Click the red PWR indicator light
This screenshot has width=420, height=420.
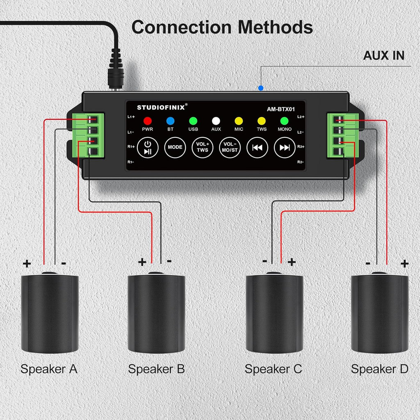[147, 121]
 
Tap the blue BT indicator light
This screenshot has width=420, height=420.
[170, 121]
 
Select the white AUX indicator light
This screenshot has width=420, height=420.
[216, 121]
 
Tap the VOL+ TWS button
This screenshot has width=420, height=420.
[202, 147]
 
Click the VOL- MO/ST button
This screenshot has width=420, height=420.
[230, 147]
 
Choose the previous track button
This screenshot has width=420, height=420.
[257, 147]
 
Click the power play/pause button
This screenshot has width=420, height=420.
[147, 147]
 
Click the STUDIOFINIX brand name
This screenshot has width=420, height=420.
[160, 107]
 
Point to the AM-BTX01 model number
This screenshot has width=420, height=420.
[281, 109]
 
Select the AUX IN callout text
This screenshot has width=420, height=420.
[383, 55]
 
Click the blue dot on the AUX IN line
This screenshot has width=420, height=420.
[260, 88]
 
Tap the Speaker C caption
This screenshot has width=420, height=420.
[273, 369]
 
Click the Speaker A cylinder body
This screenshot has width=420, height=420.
[49, 314]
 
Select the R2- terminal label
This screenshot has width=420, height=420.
[301, 162]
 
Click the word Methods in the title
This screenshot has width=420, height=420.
[275, 27]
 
